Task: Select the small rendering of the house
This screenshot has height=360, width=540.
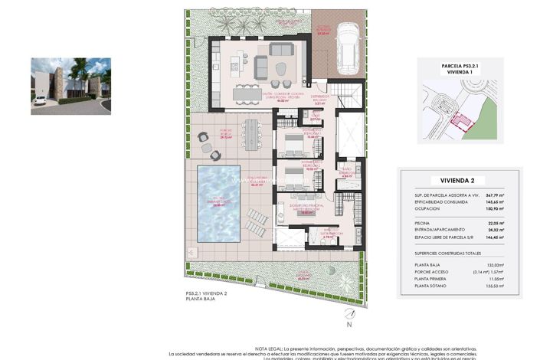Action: pyautogui.click(x=70, y=86)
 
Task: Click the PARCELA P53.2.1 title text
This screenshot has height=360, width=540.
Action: pyautogui.click(x=460, y=67)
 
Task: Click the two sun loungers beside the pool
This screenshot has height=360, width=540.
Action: pyautogui.click(x=258, y=223)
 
